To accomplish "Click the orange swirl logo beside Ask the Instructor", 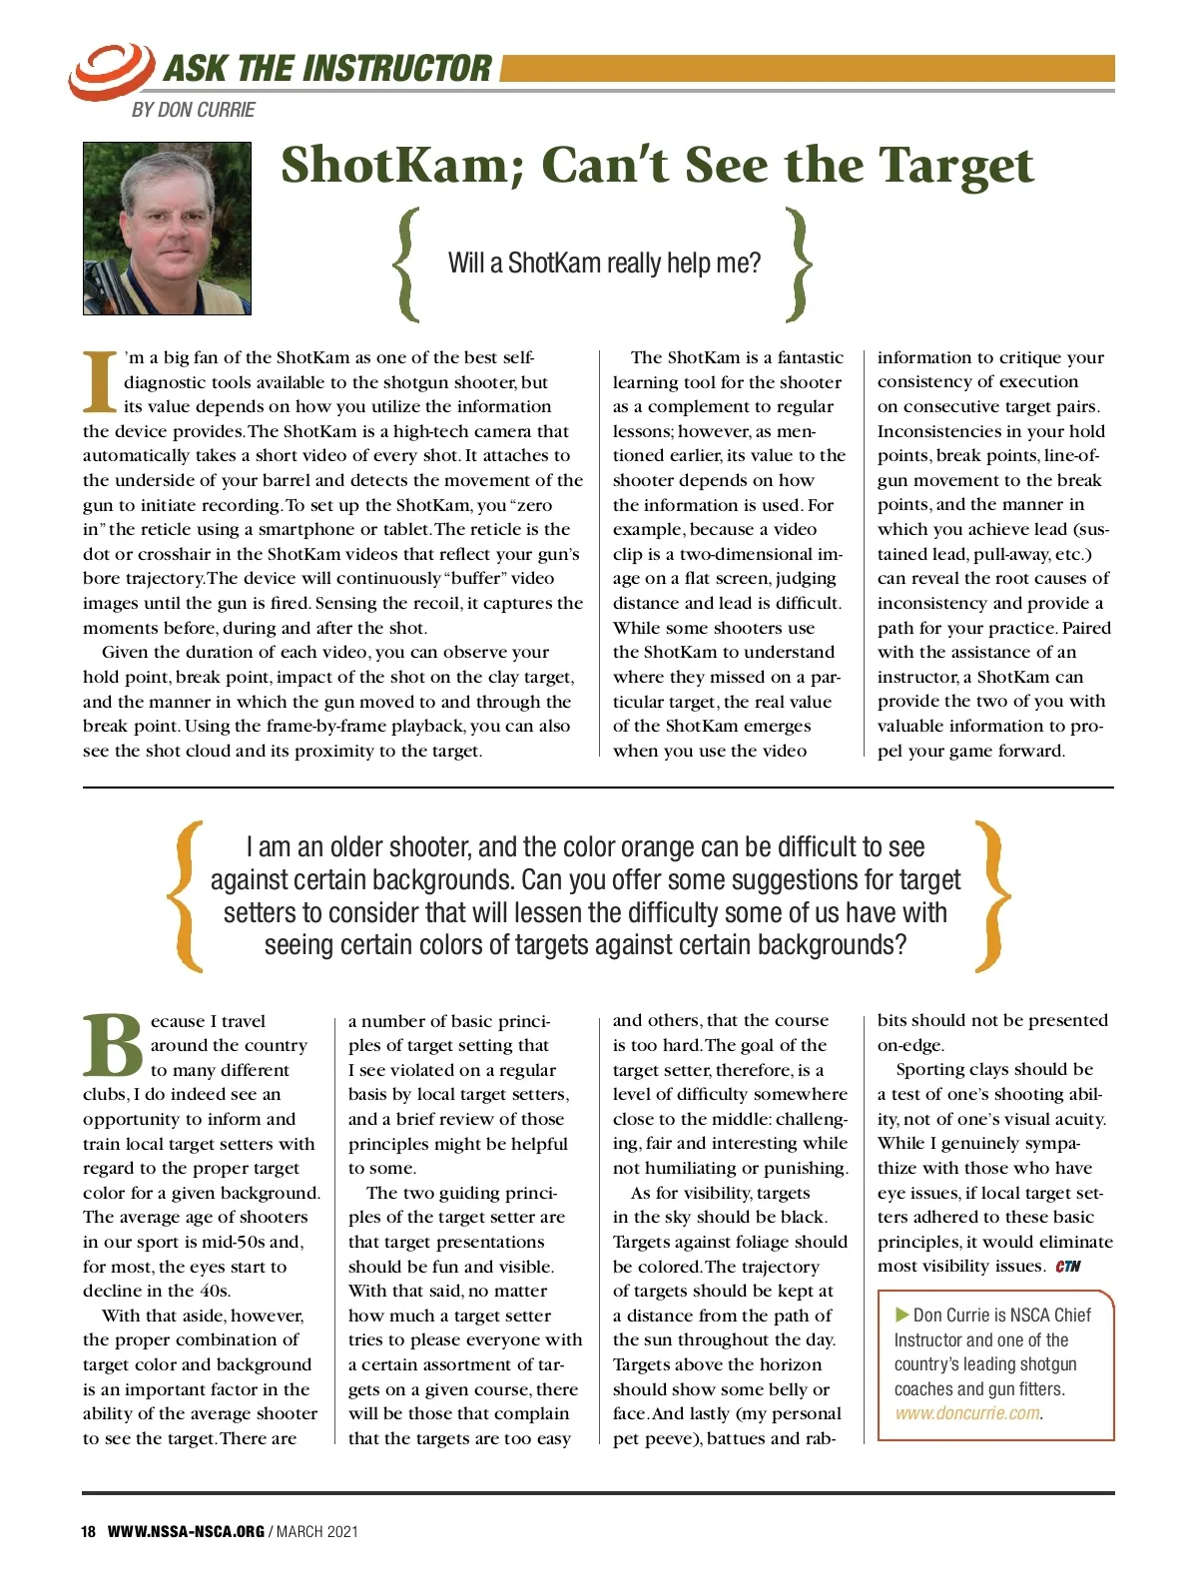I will click(x=109, y=70).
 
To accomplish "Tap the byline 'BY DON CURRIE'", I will click(x=193, y=110).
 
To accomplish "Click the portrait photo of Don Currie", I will click(x=167, y=229).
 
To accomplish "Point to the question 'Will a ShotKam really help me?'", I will click(x=604, y=264).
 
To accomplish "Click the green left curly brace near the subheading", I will click(x=404, y=264).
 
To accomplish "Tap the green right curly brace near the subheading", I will click(x=799, y=264).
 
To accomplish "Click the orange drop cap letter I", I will click(x=100, y=381).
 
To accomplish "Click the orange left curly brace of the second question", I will click(x=186, y=895).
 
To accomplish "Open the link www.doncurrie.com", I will click(x=966, y=1413).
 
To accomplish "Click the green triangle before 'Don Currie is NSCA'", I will click(x=902, y=1316).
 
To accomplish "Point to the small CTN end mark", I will click(x=1067, y=1267).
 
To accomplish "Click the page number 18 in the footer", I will click(x=89, y=1532).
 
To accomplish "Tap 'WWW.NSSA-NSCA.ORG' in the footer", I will click(x=186, y=1532).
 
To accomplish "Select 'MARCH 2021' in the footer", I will click(x=316, y=1532).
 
